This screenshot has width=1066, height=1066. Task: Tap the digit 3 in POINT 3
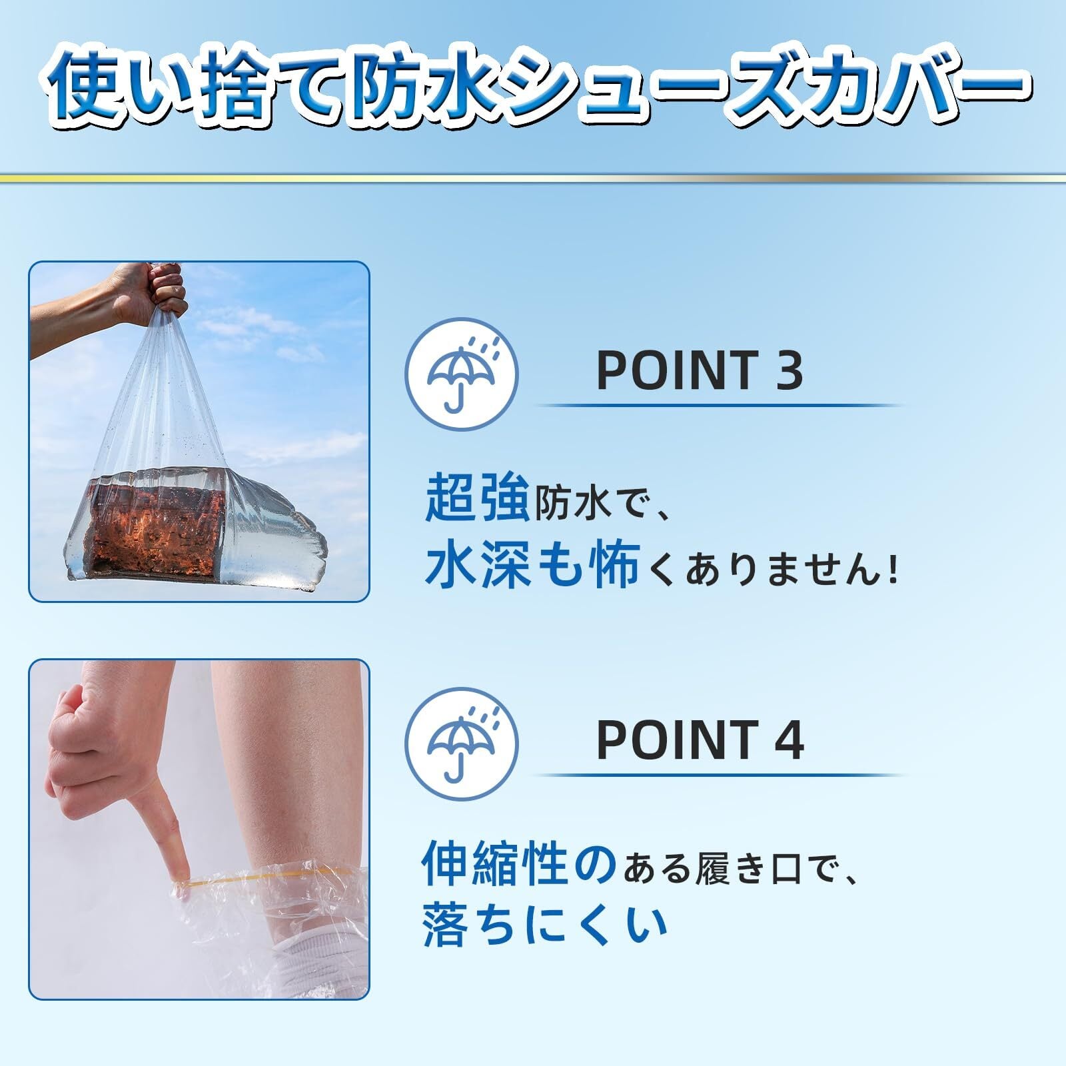(788, 370)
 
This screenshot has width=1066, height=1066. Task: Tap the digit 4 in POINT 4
(789, 740)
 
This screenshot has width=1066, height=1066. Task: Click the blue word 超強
(477, 496)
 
